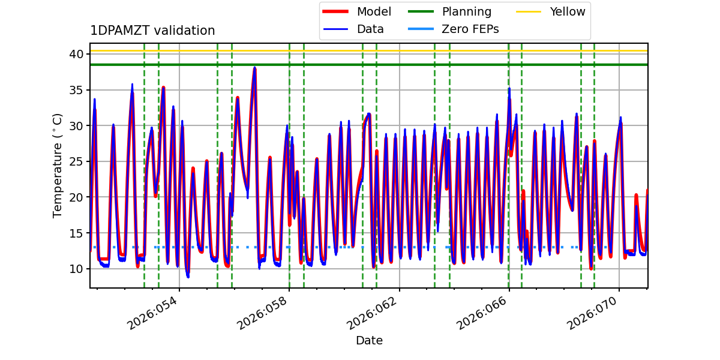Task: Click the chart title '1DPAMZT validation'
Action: click(x=152, y=31)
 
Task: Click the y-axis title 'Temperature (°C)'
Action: click(x=58, y=165)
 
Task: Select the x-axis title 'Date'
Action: click(x=369, y=341)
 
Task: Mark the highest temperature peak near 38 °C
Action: click(x=254, y=68)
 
